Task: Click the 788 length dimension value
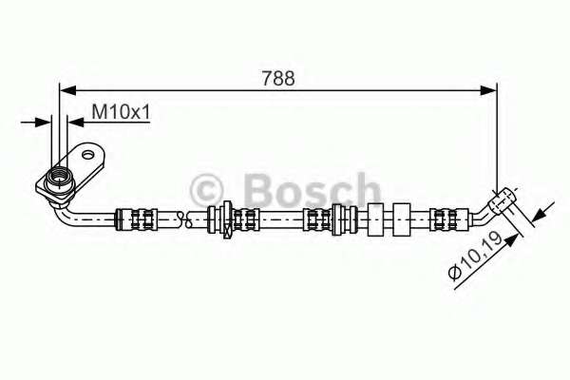278,78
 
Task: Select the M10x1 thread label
121,111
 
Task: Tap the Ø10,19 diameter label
475,256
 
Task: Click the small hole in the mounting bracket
88,155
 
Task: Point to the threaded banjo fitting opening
59,177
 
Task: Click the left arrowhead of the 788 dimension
67,90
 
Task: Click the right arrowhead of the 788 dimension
488,90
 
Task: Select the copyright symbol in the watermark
206,190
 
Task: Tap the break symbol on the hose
184,218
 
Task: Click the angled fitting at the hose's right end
503,199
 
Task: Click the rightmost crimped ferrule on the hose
449,219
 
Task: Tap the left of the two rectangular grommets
375,219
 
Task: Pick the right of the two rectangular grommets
402,219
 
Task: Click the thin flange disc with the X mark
228,219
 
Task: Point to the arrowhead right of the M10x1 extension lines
76,123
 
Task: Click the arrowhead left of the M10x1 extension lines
43,123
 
